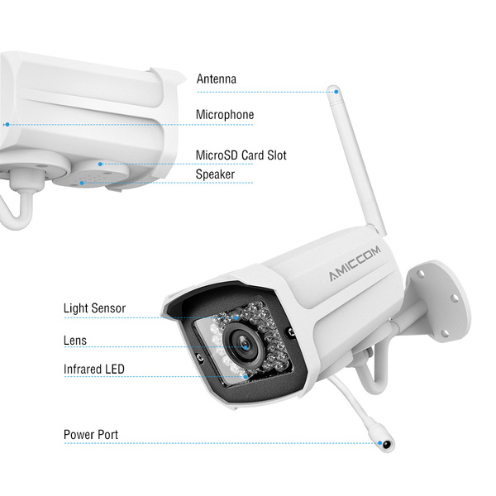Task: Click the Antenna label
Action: pos(216,79)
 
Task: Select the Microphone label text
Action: pos(224,115)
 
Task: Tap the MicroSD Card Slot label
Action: pos(241,155)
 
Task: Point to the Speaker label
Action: pos(215,174)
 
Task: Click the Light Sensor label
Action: pos(94,308)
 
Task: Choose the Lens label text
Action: pos(74,340)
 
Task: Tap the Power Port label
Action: pos(91,434)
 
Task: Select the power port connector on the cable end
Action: pos(383,443)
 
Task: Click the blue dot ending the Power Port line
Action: pos(380,444)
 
